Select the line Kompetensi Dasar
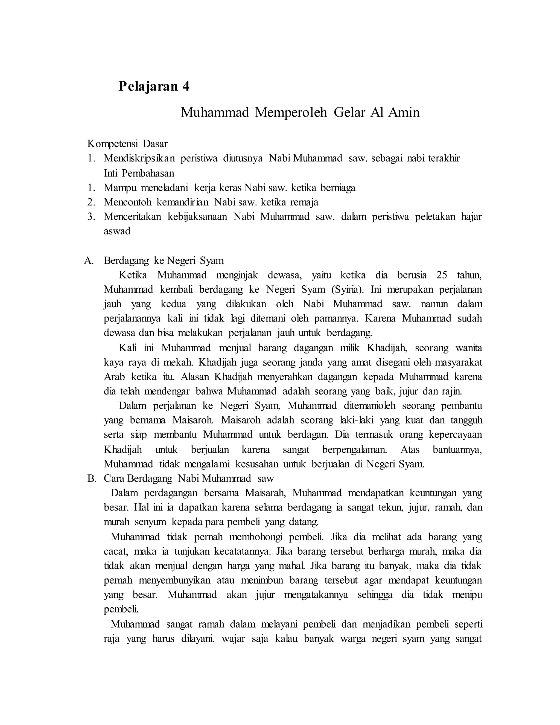pyautogui.click(x=127, y=144)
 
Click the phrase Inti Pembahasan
pyautogui.click(x=139, y=173)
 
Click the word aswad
pyautogui.click(x=117, y=231)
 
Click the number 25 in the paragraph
pyautogui.click(x=442, y=275)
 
